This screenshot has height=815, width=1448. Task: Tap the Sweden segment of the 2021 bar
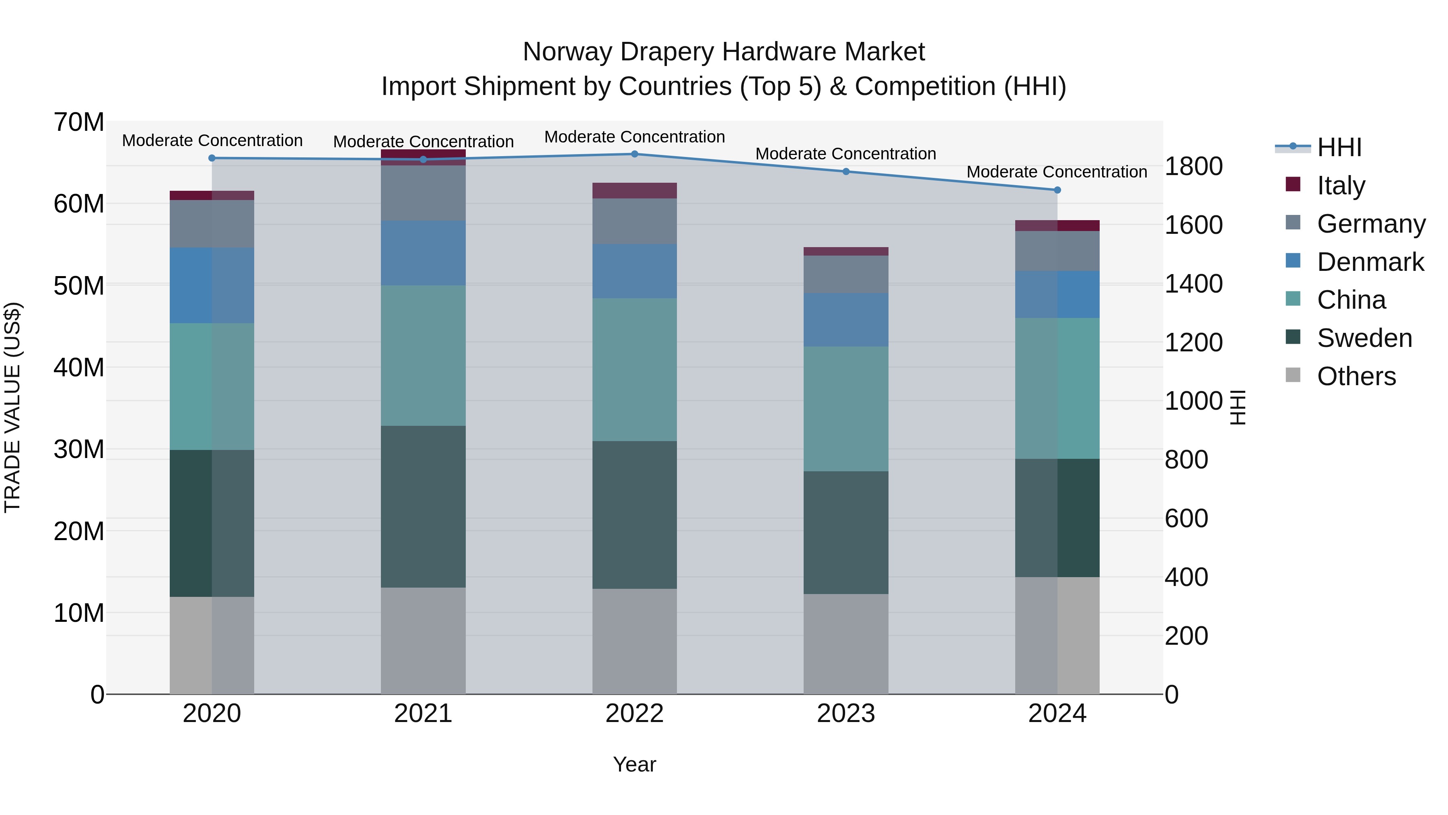pos(423,506)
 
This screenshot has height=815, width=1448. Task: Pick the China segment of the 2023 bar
pos(845,409)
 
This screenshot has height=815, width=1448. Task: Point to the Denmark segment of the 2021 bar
pos(423,253)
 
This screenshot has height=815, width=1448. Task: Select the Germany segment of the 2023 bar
pos(845,274)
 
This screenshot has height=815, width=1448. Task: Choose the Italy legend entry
pos(1340,185)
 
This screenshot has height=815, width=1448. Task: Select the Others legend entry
pos(1356,376)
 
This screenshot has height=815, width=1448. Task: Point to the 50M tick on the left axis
pos(79,286)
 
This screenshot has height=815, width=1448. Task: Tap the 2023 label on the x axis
pos(845,713)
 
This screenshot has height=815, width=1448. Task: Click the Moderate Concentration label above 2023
pos(845,154)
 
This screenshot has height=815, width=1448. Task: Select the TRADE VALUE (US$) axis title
pos(12,407)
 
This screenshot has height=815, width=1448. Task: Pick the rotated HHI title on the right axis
pos(1238,407)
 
